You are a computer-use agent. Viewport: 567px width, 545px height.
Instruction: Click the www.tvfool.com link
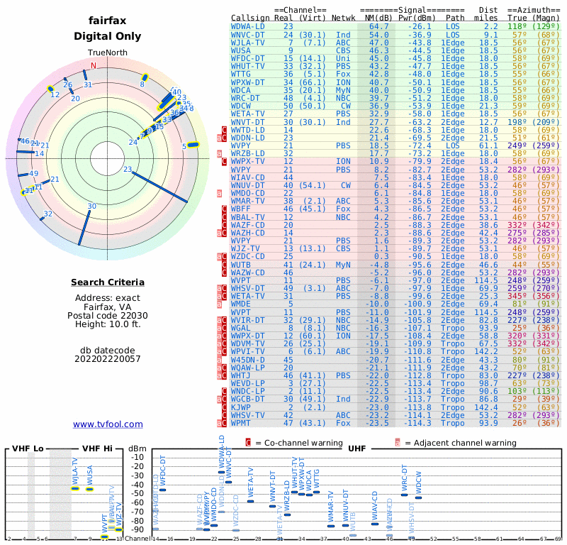point(108,424)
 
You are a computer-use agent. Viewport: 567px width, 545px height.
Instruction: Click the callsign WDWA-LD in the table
point(248,26)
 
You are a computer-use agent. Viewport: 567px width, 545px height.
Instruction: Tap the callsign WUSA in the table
point(241,50)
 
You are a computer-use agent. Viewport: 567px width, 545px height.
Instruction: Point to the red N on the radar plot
point(93,66)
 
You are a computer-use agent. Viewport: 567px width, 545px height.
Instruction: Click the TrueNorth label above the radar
point(108,53)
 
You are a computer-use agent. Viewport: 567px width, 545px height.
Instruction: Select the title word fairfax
point(108,21)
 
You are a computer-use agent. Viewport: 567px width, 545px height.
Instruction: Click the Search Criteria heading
point(108,282)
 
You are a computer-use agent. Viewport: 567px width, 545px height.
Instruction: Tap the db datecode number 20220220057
point(108,359)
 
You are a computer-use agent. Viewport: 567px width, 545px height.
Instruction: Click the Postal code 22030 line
point(108,315)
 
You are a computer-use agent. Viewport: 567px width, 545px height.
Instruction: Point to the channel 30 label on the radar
point(91,207)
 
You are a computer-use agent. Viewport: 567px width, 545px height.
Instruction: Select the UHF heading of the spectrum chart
point(357,449)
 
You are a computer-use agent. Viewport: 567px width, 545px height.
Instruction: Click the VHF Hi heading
point(97,449)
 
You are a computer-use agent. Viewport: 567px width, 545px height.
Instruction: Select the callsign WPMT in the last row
point(241,423)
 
